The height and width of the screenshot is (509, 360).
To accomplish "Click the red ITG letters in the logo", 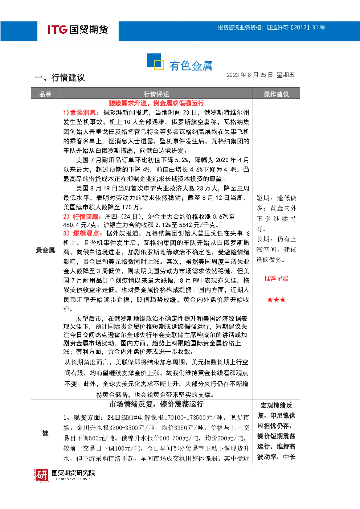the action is (58, 29).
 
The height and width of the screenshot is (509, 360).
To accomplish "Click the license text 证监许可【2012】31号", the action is (296, 28).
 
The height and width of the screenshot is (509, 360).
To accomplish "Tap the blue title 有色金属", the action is (191, 66).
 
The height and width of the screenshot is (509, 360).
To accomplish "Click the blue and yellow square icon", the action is (155, 61).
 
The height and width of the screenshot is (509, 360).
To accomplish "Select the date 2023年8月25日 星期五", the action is (261, 75).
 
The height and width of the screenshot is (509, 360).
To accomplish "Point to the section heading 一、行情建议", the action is (60, 78).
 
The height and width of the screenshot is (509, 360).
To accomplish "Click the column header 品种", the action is (45, 94).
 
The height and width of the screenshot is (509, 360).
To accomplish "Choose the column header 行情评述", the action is (156, 94).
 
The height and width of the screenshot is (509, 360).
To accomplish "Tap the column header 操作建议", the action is (276, 94).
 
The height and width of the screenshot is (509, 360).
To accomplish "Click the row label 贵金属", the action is (45, 250).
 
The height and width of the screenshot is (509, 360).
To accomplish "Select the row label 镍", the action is (45, 433).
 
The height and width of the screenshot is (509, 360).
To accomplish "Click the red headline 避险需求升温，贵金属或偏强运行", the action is (156, 103).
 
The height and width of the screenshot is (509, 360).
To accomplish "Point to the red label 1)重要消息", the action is (81, 112).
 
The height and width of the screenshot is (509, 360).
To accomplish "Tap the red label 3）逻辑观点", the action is (83, 233).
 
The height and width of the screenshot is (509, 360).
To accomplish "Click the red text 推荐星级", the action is (277, 279).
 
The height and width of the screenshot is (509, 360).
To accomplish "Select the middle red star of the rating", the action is (277, 300).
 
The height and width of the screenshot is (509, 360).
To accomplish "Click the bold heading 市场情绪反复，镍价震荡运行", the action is (156, 404).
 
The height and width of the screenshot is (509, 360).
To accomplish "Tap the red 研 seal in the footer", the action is (42, 475).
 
